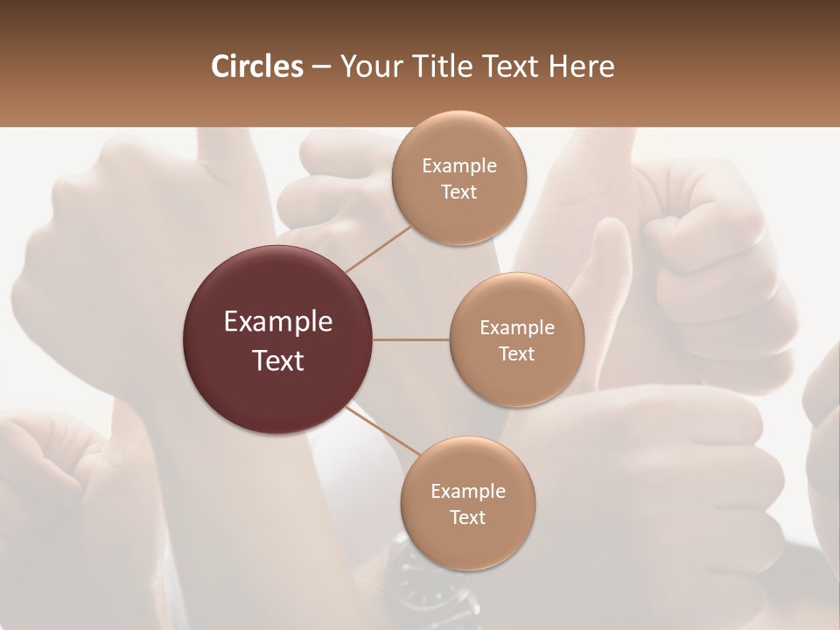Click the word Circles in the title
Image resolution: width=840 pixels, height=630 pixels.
pos(256,66)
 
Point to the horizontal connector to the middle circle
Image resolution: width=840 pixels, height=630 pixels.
pos(411,339)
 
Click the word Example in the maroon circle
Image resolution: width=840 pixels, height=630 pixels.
pos(278,322)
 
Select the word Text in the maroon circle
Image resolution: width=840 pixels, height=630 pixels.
pos(278,360)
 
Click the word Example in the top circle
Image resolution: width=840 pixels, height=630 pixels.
pos(458,166)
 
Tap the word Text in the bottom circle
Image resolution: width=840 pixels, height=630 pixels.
pos(467,517)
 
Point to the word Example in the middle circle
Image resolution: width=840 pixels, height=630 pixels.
pos(516,328)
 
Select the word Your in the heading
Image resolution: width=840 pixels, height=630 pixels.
pos(367,66)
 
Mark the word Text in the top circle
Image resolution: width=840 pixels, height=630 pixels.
pos(458,192)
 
